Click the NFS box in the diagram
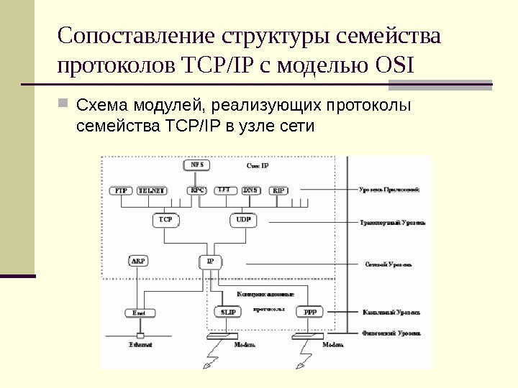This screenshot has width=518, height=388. [197, 165]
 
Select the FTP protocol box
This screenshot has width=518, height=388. [122, 191]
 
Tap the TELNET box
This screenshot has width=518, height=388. [152, 191]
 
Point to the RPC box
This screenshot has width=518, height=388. [197, 190]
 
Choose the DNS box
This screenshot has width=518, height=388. [250, 190]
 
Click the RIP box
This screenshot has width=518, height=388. [279, 191]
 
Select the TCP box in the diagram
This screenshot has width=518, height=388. [165, 220]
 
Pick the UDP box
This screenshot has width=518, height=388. [244, 220]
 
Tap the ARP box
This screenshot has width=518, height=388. [137, 261]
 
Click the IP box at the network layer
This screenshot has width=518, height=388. [211, 261]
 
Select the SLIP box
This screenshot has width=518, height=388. [228, 313]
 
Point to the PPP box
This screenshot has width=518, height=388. [310, 313]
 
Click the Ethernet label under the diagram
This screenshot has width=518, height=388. [140, 345]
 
